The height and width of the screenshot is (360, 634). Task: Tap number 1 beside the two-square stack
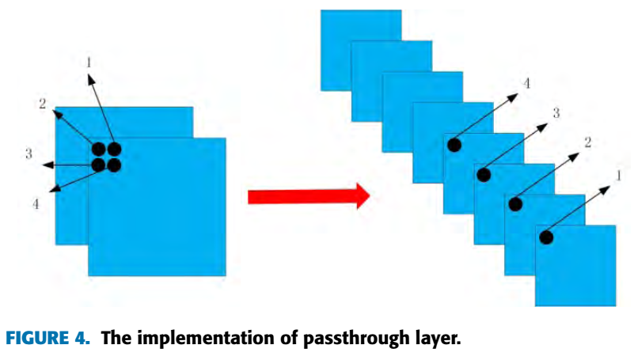88,60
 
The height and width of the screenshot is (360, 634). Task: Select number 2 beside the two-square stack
42,104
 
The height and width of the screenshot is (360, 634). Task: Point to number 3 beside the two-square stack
28,153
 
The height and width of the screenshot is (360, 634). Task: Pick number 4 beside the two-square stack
36,203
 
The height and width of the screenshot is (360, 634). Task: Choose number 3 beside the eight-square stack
556,113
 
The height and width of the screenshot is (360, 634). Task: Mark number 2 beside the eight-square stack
587,143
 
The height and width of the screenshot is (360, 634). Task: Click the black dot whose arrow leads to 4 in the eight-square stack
454,145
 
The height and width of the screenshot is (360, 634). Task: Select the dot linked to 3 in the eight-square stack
484,175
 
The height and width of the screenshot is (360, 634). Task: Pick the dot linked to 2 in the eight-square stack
515,204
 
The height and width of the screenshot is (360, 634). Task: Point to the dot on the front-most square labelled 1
545,236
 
